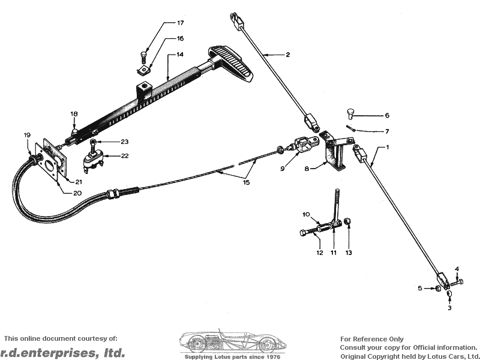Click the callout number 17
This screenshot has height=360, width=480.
point(181,23)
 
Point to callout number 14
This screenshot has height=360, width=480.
point(180,55)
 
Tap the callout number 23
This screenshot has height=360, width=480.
point(125,142)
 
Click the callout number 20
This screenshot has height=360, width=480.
point(77,193)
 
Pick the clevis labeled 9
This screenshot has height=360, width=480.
point(306,145)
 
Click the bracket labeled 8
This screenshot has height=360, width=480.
point(337,152)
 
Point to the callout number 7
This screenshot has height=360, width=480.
point(387,131)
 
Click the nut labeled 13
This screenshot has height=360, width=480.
point(347,221)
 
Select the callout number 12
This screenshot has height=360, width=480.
point(320,253)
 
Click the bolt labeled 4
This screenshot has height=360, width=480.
point(457,282)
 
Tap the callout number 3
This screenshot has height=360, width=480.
point(449,308)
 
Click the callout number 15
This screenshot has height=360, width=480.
point(247,182)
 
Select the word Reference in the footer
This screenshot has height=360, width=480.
point(373,339)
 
